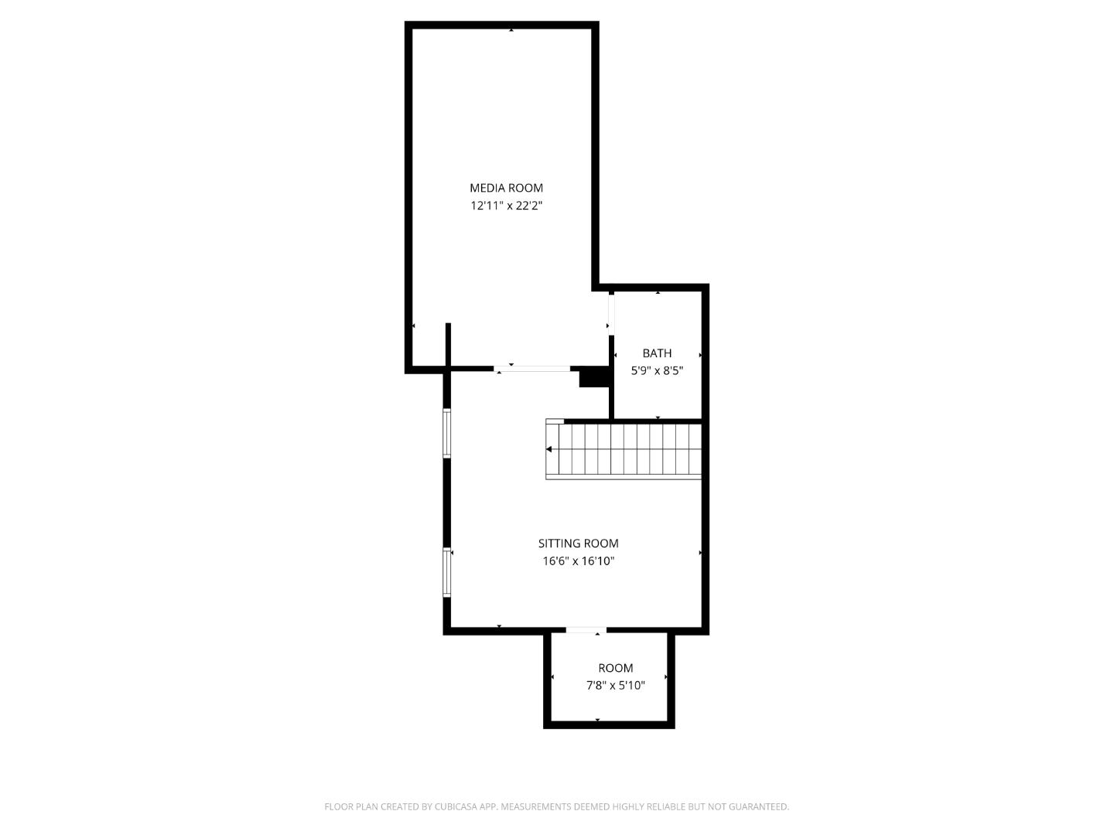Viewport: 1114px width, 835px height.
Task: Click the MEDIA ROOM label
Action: [x=506, y=188]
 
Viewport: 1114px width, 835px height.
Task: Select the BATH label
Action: [x=657, y=353]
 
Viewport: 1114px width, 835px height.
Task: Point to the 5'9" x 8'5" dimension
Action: [x=657, y=370]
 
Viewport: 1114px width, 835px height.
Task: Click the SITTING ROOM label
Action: [x=578, y=544]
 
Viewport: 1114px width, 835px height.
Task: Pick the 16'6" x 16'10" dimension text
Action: [x=578, y=561]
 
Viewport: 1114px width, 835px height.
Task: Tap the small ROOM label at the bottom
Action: [x=615, y=668]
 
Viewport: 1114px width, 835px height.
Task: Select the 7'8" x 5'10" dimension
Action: [x=615, y=685]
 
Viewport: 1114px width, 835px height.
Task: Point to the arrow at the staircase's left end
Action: [x=549, y=449]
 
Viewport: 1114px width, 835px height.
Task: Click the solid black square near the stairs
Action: [x=593, y=377]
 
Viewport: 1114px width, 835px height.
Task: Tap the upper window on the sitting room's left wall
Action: [x=447, y=433]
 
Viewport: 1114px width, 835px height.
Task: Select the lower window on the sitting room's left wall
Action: [x=447, y=572]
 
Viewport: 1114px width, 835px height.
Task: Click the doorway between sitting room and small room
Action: [x=586, y=631]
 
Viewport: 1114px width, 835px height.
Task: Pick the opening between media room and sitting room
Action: [x=534, y=369]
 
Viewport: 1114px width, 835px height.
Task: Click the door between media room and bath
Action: [x=611, y=313]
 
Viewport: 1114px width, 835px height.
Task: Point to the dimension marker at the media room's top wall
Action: [x=511, y=30]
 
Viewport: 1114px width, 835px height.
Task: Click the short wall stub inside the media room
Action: [x=448, y=344]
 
